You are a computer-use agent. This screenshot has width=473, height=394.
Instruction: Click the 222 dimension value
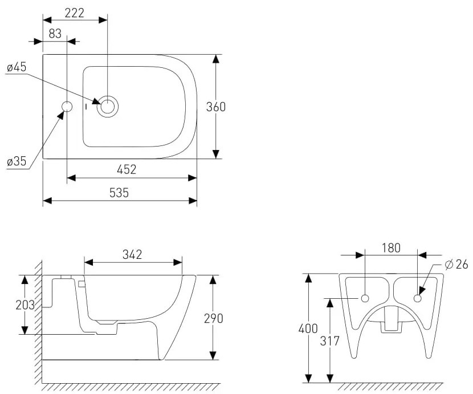point(75,13)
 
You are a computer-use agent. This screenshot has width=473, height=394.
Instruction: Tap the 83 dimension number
point(55,34)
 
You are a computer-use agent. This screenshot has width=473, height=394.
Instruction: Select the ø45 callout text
point(17,67)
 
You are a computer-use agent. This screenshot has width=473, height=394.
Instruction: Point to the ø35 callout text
point(17,161)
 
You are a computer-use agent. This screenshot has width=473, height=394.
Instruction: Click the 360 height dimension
point(215,107)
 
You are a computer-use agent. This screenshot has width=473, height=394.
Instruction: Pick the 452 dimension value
point(127,169)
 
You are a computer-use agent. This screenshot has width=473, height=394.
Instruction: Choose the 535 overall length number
point(119,193)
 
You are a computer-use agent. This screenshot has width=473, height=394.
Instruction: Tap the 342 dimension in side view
point(132,254)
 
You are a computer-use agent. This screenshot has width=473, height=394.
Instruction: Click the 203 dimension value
point(25,305)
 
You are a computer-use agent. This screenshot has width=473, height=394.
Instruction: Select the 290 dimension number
point(214,318)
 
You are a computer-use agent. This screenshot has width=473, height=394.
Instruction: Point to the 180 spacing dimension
point(392,247)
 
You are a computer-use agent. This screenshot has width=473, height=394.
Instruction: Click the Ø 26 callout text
point(456,265)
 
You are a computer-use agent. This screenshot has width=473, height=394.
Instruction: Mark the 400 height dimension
point(308,328)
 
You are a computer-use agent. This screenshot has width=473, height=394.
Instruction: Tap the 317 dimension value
point(330,341)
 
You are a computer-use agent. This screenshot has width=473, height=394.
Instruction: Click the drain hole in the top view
point(107,107)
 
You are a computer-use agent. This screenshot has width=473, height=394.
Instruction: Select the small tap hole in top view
point(67,107)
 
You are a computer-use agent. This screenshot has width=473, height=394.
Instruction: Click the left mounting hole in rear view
point(365,299)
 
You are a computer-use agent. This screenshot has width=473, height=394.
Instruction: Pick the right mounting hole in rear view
point(418,299)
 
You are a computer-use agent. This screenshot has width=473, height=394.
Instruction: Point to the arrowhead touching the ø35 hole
point(61,115)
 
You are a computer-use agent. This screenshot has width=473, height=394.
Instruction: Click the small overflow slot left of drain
point(87,107)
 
